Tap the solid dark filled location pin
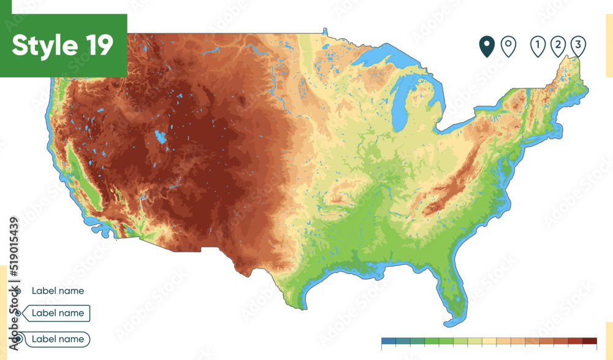pyautogui.click(x=487, y=46)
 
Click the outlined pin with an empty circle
pyautogui.click(x=508, y=46)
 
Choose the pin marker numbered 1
pyautogui.click(x=538, y=46)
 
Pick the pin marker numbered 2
pyautogui.click(x=558, y=46)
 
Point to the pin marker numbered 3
pyautogui.click(x=577, y=46)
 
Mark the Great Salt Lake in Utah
pyautogui.click(x=161, y=137)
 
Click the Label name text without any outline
pyautogui.click(x=58, y=291)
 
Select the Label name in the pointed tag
pyautogui.click(x=58, y=313)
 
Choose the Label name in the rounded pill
pyautogui.click(x=58, y=339)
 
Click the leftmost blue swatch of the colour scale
pyautogui.click(x=388, y=341)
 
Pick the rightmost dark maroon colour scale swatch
pyautogui.click(x=589, y=341)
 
